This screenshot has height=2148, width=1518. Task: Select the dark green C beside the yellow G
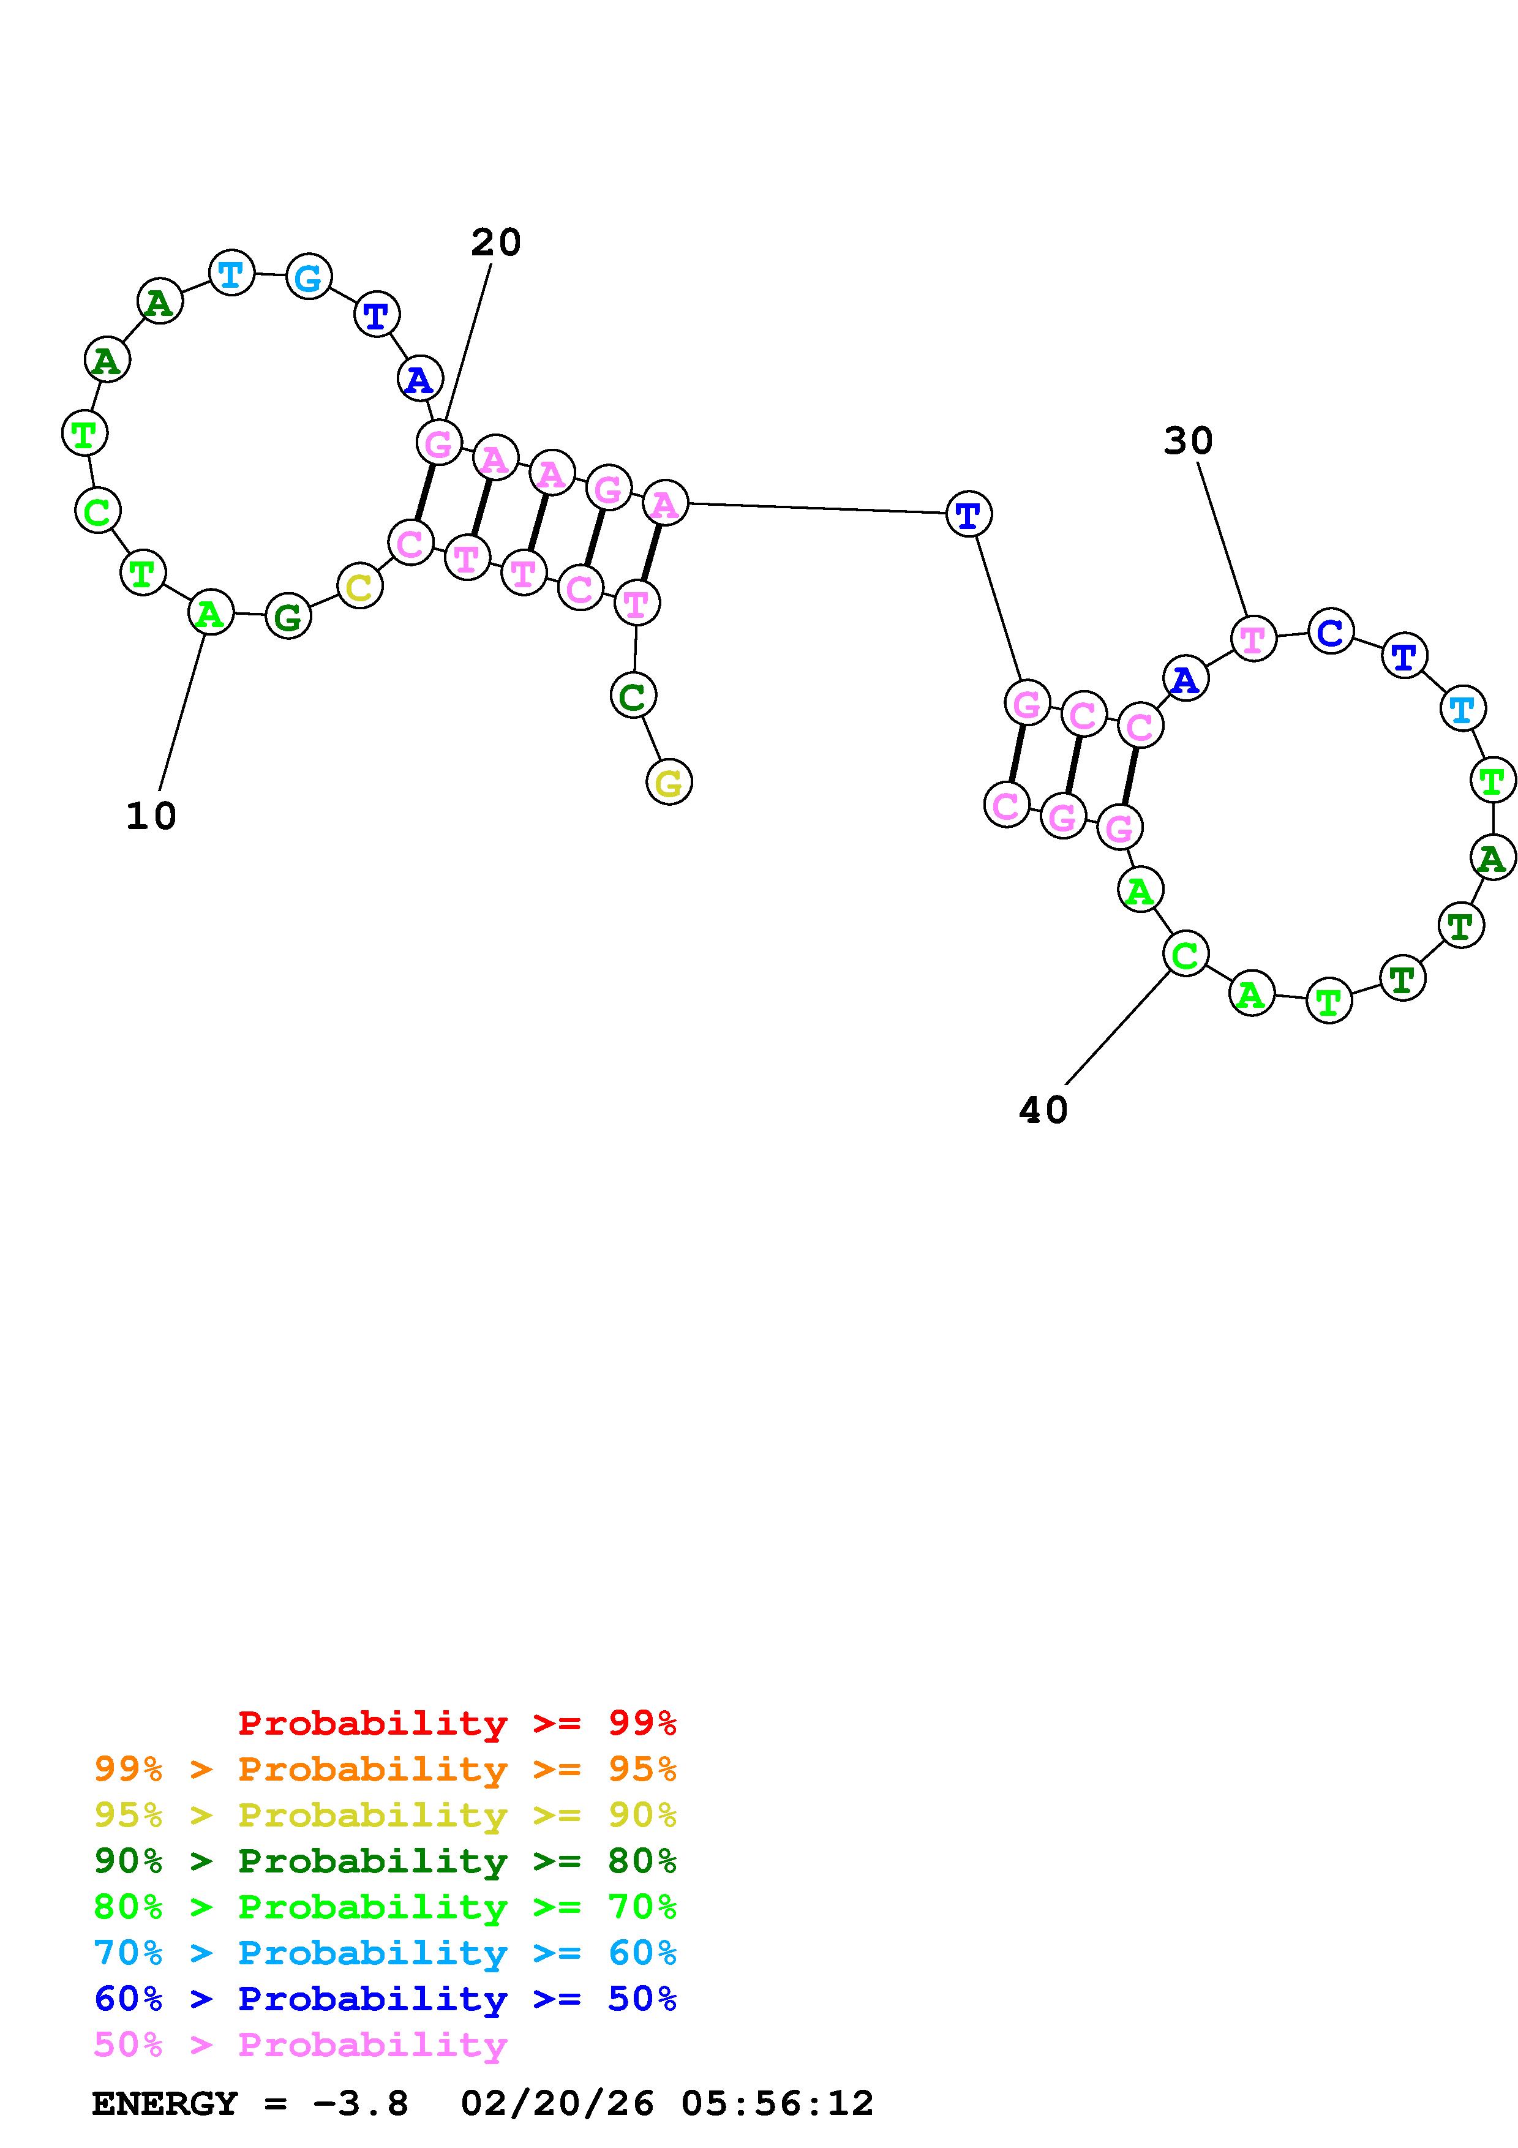(633, 695)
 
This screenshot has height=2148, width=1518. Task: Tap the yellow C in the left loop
(360, 587)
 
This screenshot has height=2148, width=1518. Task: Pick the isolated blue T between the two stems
(968, 514)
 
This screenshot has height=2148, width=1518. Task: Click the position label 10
(151, 816)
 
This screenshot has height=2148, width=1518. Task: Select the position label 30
(1188, 441)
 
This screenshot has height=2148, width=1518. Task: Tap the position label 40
(1043, 1111)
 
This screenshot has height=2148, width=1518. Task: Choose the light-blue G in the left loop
(309, 276)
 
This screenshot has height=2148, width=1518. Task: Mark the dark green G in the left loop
(288, 617)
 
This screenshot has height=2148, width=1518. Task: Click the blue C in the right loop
(1330, 633)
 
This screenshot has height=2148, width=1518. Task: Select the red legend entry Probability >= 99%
(457, 1723)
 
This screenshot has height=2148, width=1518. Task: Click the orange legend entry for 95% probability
(385, 1769)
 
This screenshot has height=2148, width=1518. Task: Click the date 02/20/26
(557, 2103)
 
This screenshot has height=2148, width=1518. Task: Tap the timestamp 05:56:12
(777, 2103)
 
